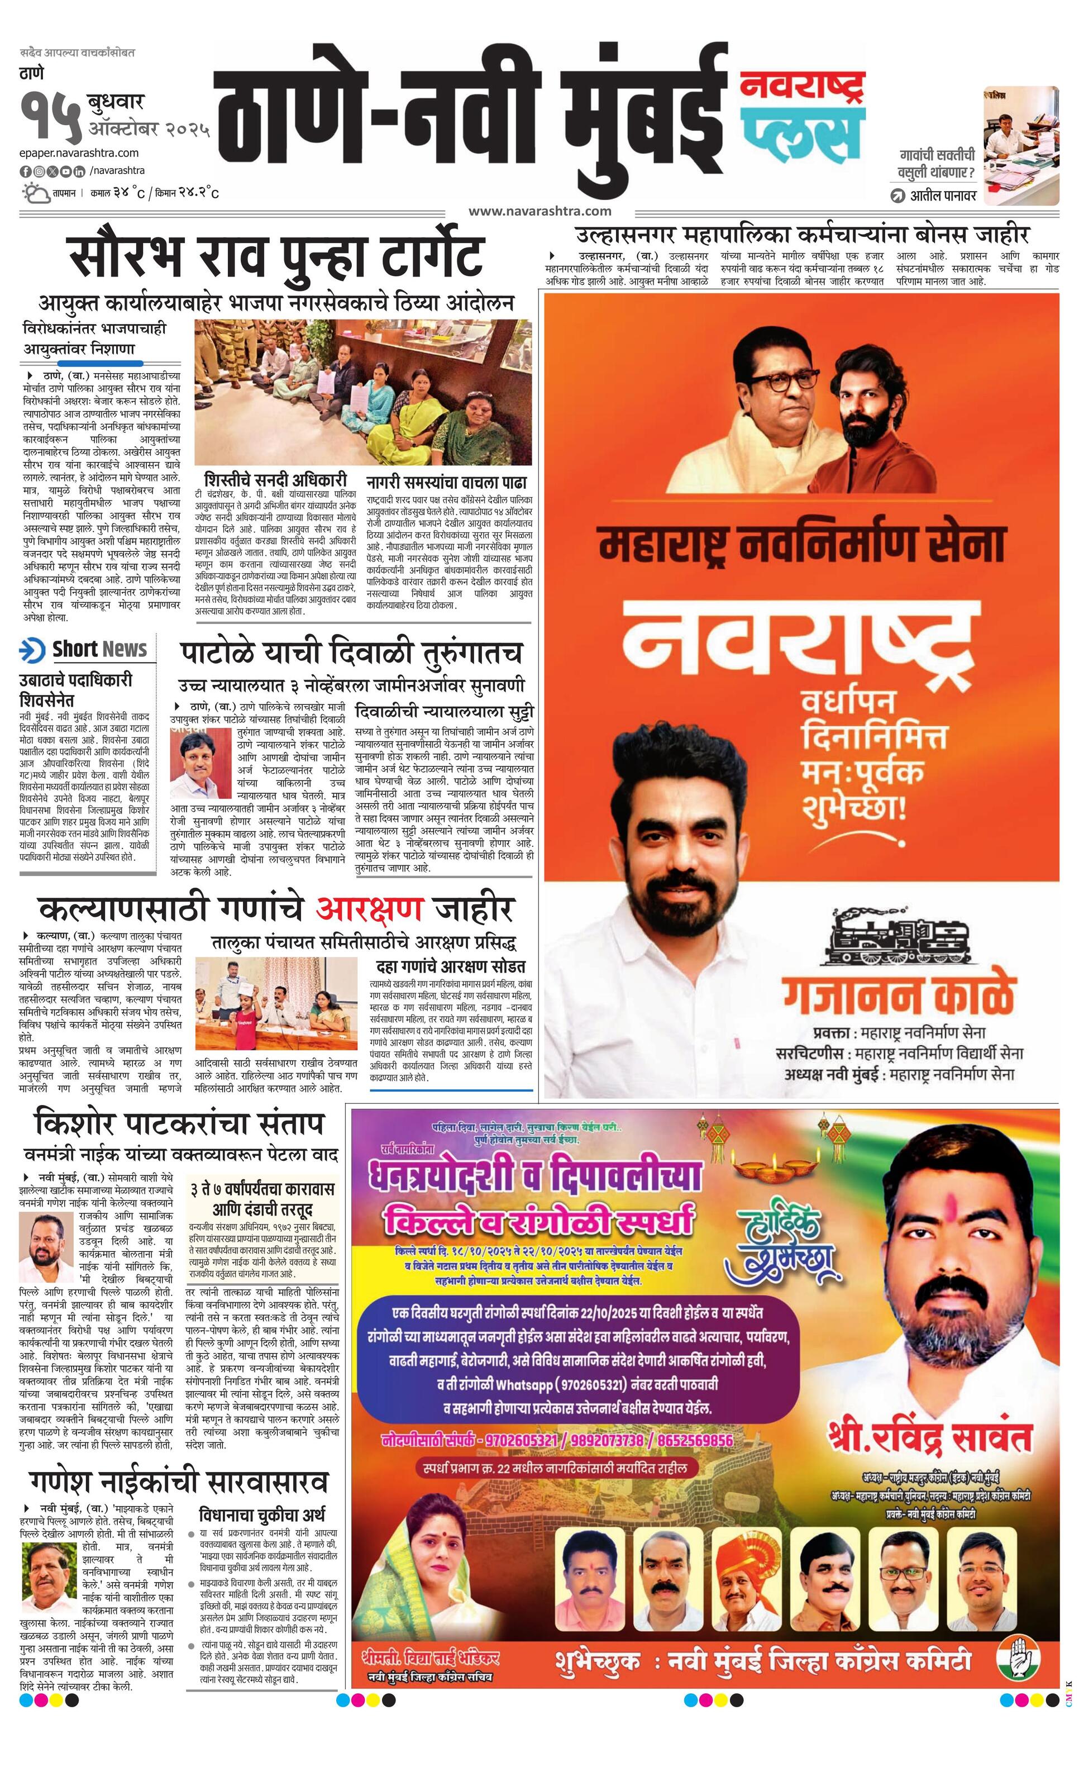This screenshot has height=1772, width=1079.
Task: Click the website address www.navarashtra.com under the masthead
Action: point(540,211)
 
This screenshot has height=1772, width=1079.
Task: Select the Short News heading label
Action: point(99,649)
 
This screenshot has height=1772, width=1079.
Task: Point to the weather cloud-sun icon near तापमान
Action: point(35,193)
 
